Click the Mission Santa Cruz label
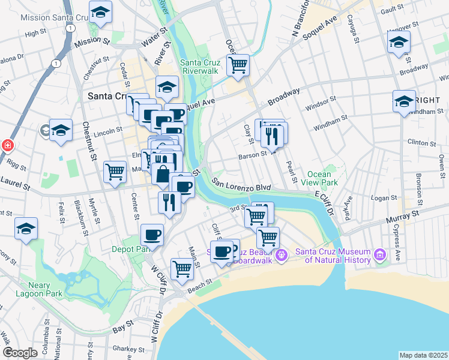(x=52, y=17)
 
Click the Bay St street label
(x=122, y=329)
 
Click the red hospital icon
(x=7, y=146)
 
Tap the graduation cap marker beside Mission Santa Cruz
(x=100, y=11)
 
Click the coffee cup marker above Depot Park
(x=152, y=235)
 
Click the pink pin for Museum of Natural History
(x=379, y=255)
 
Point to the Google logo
(x=20, y=353)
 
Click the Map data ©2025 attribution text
(x=424, y=355)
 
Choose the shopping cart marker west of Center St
(x=115, y=172)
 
